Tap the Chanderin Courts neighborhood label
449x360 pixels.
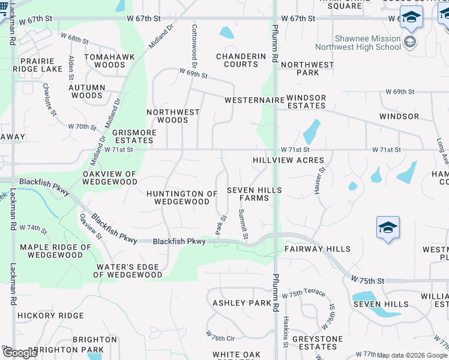241,60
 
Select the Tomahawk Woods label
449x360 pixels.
104,61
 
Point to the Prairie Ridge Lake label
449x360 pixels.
37,65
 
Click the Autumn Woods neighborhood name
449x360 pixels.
87,91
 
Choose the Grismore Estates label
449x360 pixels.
134,136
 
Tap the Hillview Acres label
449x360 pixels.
288,160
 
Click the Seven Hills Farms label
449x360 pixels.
255,194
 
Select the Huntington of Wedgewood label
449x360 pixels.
182,197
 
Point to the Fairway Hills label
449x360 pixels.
317,248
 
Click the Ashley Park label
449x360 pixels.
242,303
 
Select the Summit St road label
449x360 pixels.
243,223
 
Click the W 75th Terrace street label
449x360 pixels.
307,293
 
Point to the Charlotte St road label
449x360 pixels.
49,99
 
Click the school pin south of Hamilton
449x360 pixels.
388,229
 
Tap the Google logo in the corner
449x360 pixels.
20,353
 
